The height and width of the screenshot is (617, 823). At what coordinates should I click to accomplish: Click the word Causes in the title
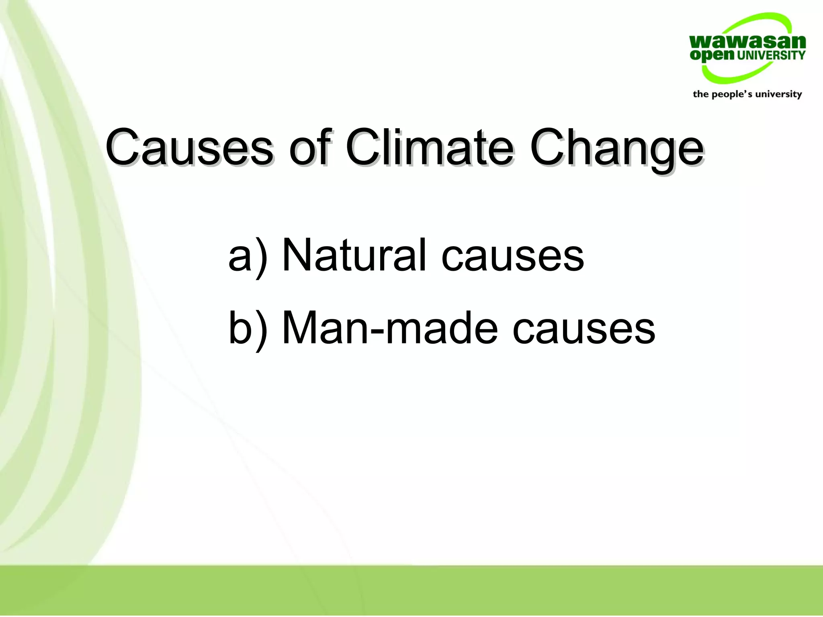tap(189, 148)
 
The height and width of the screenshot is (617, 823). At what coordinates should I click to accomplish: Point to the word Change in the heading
tap(616, 148)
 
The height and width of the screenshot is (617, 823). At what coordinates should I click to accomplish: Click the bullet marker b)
tap(247, 328)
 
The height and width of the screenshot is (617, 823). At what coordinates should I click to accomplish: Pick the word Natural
tap(354, 255)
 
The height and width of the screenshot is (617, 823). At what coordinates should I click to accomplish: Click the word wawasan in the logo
tap(747, 42)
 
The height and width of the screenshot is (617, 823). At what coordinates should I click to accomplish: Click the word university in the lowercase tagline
tap(778, 94)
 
